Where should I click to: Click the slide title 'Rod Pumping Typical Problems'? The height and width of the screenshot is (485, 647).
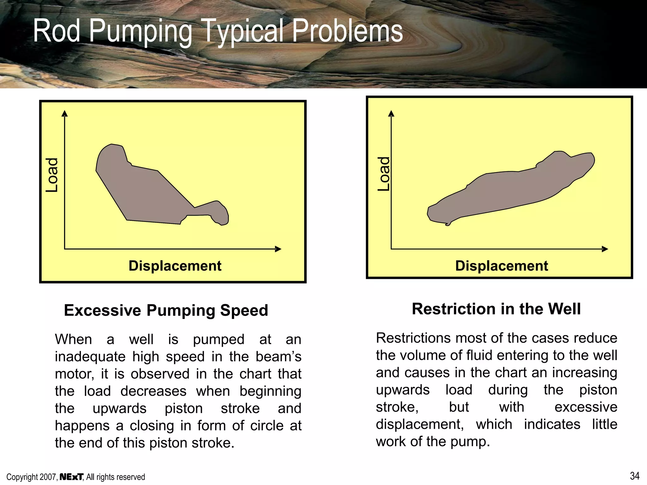coord(218,31)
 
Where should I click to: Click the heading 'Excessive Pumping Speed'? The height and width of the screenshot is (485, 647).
coord(166,310)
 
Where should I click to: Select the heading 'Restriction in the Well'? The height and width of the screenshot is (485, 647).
coord(496,309)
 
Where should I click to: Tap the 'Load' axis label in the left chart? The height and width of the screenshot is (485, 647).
coord(52,175)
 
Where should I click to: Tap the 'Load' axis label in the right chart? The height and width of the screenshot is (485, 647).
coord(384,174)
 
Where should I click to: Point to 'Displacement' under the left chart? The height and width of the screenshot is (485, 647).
coord(175,266)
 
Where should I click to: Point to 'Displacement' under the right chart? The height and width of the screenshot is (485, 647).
coord(501,266)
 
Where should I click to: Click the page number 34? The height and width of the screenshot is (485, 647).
coord(635,476)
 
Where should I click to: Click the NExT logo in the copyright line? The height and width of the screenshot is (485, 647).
coord(71,477)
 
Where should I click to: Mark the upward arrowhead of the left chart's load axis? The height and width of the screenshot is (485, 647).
coord(65,113)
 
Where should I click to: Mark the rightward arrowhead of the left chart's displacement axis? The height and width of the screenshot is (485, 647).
coord(278,249)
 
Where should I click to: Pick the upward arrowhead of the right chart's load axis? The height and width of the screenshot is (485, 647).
coord(391,113)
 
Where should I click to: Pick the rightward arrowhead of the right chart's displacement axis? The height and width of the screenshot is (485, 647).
coord(605,249)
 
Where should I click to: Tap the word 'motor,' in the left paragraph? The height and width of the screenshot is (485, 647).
coord(75,374)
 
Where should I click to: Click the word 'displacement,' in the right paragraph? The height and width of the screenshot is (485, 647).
coord(420,424)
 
